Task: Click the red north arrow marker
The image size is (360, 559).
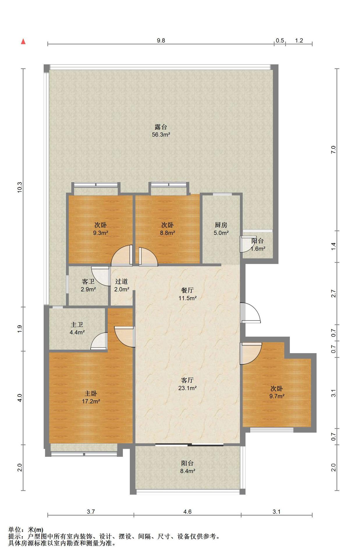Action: pos(23,42)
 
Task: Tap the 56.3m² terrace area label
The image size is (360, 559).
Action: pos(161,135)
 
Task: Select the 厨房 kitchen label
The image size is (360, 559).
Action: pos(221,225)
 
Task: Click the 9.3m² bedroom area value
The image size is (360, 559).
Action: pos(100,233)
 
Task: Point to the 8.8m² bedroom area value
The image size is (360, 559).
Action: pos(167,233)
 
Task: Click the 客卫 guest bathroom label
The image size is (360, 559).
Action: pos(88,282)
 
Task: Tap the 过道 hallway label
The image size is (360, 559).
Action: pos(121,282)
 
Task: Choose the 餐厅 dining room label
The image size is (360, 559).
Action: pos(187,290)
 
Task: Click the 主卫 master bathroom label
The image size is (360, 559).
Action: pos(77,324)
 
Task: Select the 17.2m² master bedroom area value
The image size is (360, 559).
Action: pos(91,401)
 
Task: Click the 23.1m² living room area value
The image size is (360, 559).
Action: pos(187,388)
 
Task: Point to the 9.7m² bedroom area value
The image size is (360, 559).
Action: pos(277,396)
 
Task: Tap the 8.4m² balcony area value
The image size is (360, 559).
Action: pos(187,471)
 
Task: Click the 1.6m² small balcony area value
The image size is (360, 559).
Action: pos(258,249)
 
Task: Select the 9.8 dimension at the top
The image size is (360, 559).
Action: pos(161,40)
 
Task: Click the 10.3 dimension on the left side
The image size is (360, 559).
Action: pos(19,187)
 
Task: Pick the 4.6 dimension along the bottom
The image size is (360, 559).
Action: pos(187,512)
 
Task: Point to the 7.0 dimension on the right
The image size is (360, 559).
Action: pos(334,150)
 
